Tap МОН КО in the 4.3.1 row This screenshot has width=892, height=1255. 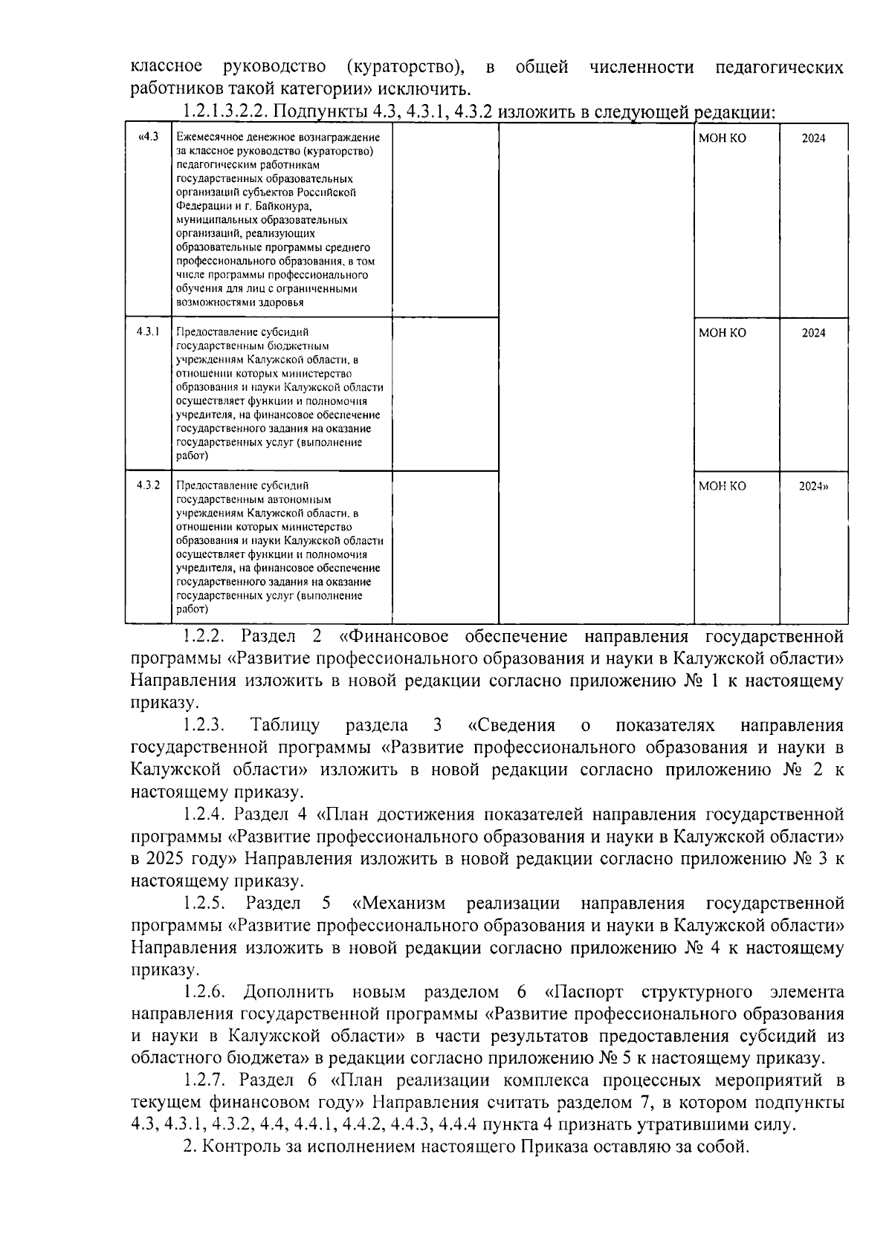[722, 333]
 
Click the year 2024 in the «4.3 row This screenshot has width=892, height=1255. [813, 138]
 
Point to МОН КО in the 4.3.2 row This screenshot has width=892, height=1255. [722, 486]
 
